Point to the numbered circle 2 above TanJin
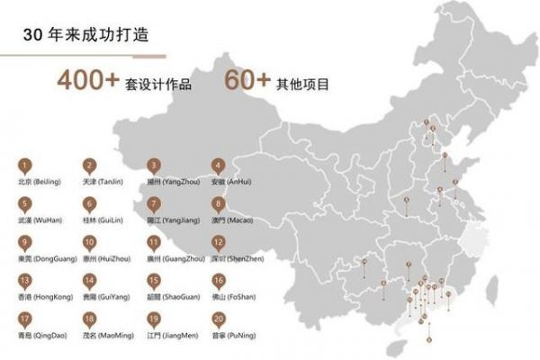tap(89, 166)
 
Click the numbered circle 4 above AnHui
tap(218, 166)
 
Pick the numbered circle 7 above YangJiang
tap(154, 204)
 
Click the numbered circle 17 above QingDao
tap(25, 319)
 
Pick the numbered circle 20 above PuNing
tap(218, 319)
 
